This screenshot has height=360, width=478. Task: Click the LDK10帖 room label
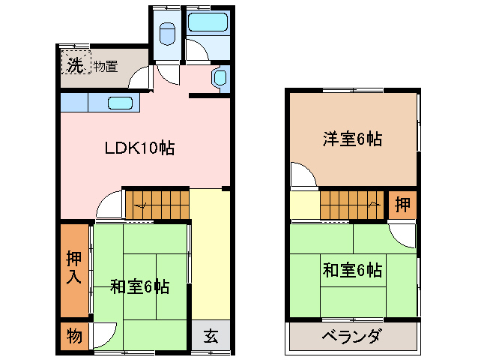click(x=139, y=148)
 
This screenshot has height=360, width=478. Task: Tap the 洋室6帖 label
click(x=353, y=139)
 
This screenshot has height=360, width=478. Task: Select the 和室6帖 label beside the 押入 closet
click(x=139, y=286)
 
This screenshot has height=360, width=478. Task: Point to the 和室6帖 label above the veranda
click(x=353, y=269)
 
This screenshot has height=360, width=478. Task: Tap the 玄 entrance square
click(x=211, y=337)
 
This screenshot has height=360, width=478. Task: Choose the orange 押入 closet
click(x=73, y=268)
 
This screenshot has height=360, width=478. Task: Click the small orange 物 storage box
click(x=73, y=335)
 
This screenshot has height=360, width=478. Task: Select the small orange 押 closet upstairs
click(x=402, y=205)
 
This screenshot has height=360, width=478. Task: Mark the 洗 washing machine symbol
click(x=75, y=64)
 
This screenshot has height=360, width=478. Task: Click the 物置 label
click(x=106, y=66)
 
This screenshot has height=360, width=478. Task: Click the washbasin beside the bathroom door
click(x=220, y=78)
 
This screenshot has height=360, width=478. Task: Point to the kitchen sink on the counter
click(x=120, y=103)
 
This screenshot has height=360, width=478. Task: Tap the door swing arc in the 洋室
click(x=303, y=175)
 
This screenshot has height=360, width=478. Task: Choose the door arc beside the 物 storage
click(x=104, y=334)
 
